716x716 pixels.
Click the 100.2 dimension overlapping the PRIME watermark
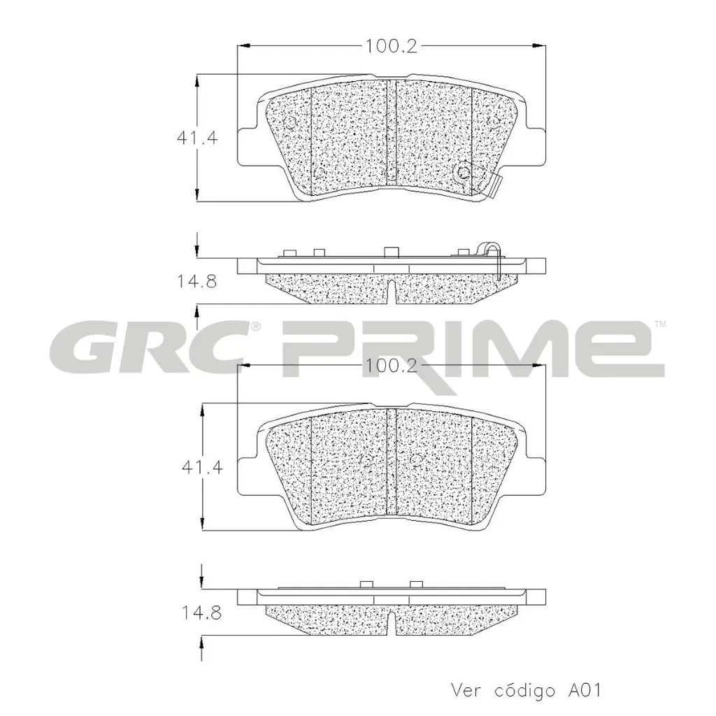click(391, 366)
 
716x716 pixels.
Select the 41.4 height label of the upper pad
click(197, 138)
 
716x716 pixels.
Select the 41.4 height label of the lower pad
click(203, 467)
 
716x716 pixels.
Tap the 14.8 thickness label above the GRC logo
click(196, 282)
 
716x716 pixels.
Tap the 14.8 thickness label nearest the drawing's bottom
click(202, 614)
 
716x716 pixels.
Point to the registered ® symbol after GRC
click(256, 327)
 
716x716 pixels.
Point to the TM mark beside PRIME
click(660, 324)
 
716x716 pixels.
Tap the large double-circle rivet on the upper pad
click(463, 171)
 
